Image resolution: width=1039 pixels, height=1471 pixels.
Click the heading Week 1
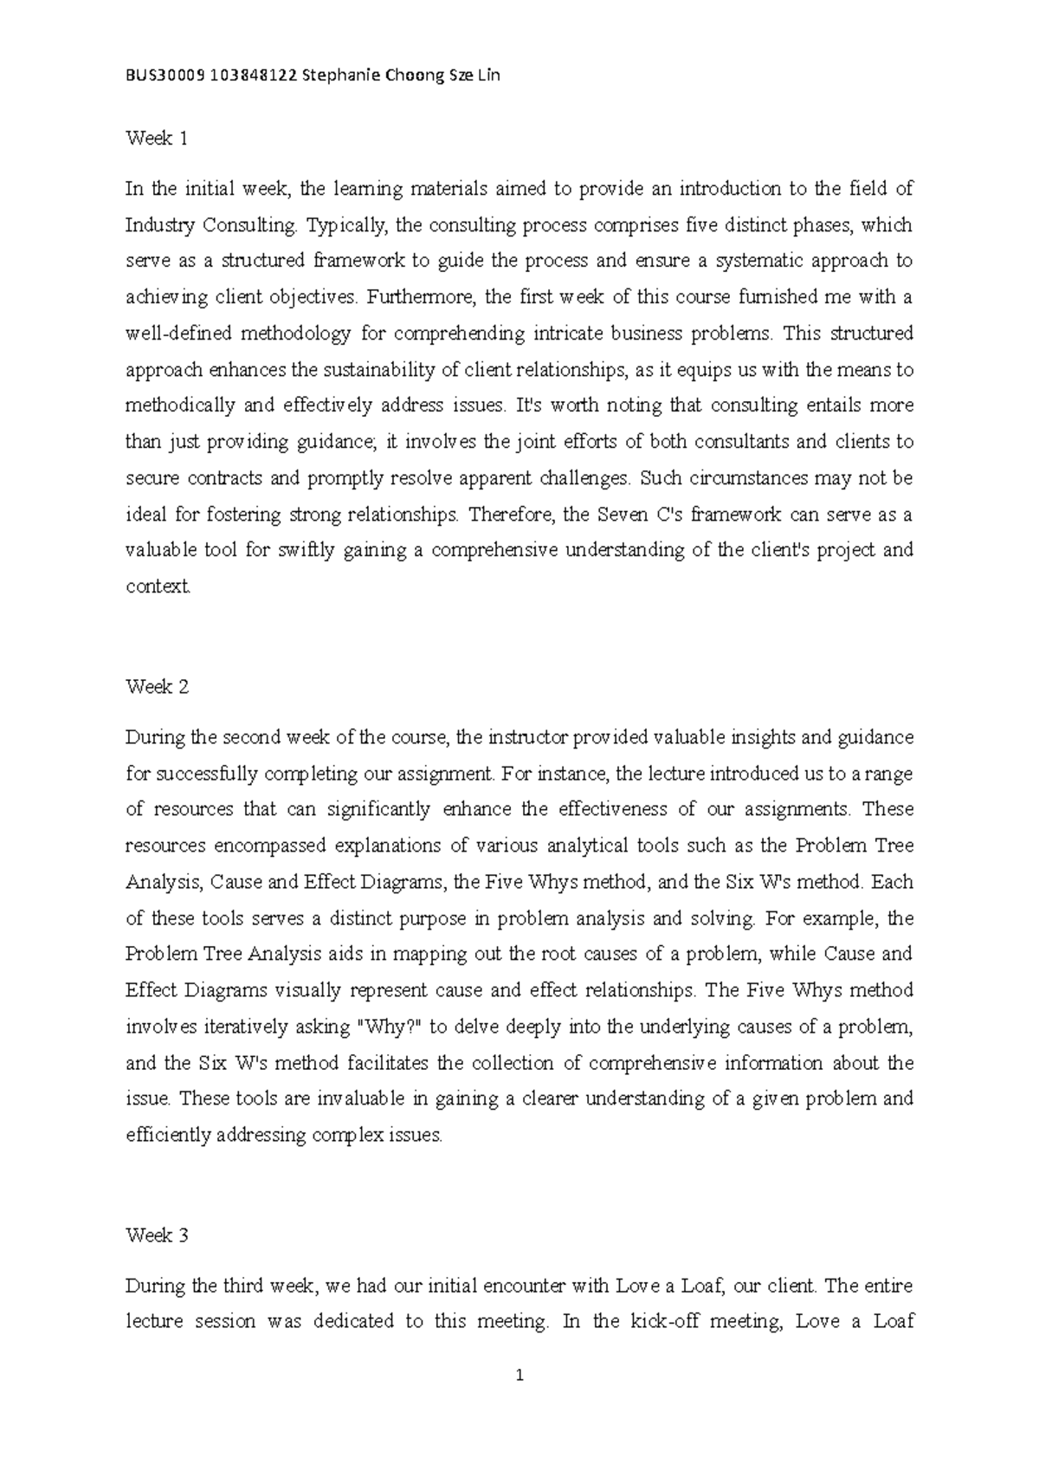click(x=157, y=138)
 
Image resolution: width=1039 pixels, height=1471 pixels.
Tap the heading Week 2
click(x=157, y=687)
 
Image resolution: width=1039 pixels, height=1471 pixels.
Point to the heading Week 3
click(x=157, y=1235)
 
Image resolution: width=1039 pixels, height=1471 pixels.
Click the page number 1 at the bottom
click(x=519, y=1375)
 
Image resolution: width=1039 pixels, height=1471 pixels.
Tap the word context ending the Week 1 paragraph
click(x=157, y=586)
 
